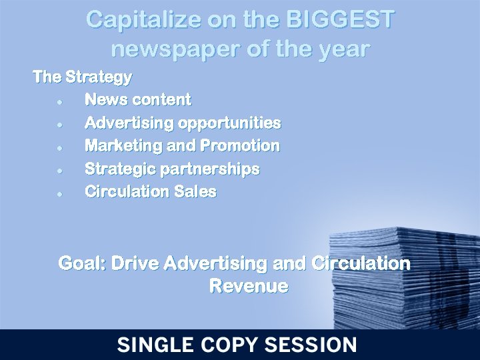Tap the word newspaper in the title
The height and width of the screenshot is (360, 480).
click(171, 49)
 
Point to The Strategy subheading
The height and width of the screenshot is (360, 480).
click(82, 77)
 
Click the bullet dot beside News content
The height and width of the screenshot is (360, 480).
click(60, 101)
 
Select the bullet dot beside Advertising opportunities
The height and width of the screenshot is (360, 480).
click(60, 125)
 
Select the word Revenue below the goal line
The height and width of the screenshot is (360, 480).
click(248, 287)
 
